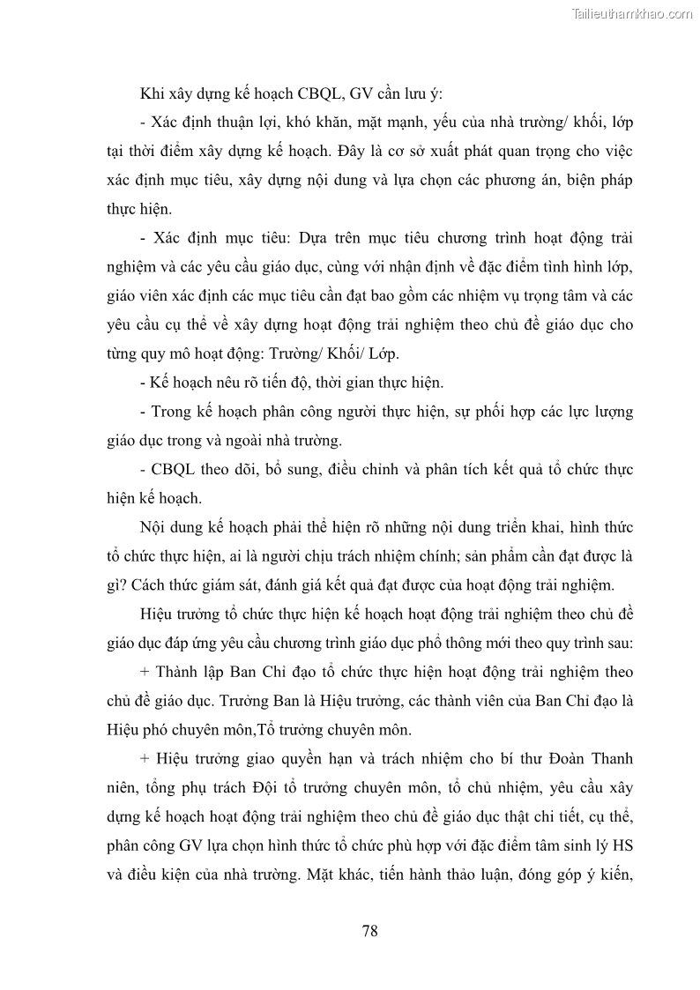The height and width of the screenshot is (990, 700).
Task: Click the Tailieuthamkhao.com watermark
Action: click(633, 13)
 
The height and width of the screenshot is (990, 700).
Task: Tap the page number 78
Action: click(369, 930)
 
